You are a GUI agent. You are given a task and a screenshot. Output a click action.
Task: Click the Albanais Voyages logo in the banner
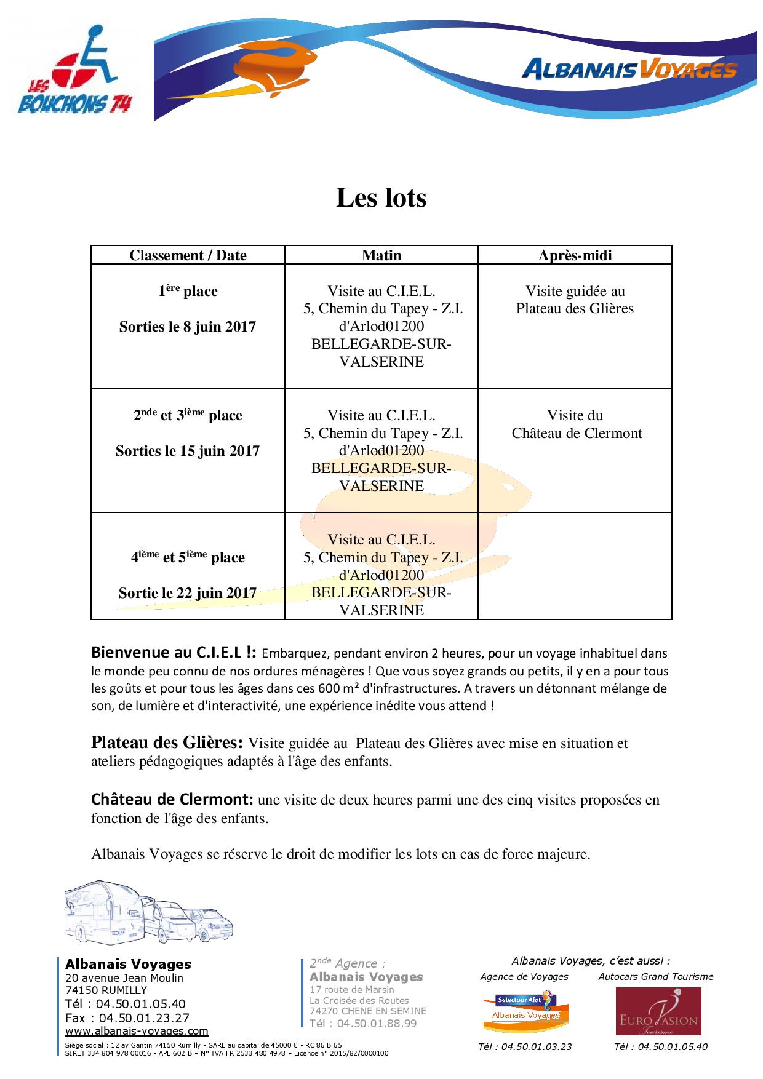point(629,70)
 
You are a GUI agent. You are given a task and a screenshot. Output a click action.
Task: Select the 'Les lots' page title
point(381,198)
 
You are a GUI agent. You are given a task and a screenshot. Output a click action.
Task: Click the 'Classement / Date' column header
point(188,255)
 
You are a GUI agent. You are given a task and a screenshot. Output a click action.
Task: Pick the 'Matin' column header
point(381,255)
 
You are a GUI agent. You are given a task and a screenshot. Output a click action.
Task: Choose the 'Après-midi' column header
point(575,255)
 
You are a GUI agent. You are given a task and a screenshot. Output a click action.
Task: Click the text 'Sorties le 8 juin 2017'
point(188,327)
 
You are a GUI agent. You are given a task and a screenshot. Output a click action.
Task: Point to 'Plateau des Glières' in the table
point(575,308)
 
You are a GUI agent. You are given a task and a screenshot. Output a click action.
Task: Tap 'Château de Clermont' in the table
point(577,433)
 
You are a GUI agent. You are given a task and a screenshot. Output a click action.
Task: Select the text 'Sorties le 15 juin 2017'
point(188,451)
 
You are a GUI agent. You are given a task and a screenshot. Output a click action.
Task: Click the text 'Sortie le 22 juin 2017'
point(188,593)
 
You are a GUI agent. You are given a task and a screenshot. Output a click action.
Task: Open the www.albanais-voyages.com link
point(137,1031)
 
